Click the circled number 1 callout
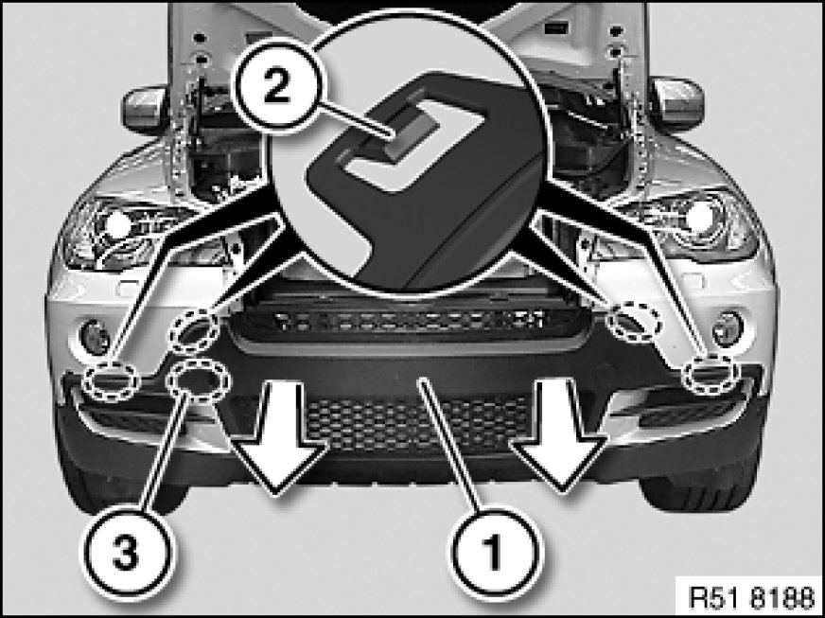[x=494, y=553]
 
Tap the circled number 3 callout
[x=127, y=553]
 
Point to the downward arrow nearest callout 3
[x=277, y=437]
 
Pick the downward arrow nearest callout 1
[x=559, y=436]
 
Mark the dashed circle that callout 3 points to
[x=198, y=380]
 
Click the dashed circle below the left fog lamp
[x=112, y=381]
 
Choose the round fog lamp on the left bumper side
[x=95, y=337]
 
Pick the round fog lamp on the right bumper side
[x=728, y=329]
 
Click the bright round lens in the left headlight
[x=119, y=226]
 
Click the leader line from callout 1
[x=448, y=446]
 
